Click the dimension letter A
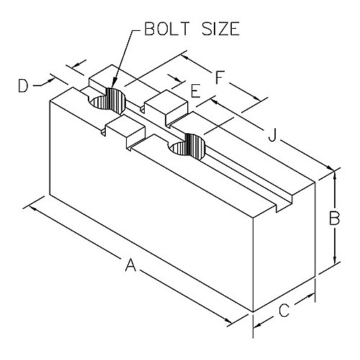131,265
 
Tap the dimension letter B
334,218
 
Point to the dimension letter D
23,86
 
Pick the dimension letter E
196,91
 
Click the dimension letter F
220,77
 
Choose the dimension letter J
273,135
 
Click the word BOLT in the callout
166,29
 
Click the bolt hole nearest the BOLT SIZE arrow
107,101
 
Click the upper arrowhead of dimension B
335,175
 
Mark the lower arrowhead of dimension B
335,260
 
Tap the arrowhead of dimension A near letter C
228,320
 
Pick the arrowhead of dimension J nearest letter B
329,168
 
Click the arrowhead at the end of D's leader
50,80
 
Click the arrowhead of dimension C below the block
258,325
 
